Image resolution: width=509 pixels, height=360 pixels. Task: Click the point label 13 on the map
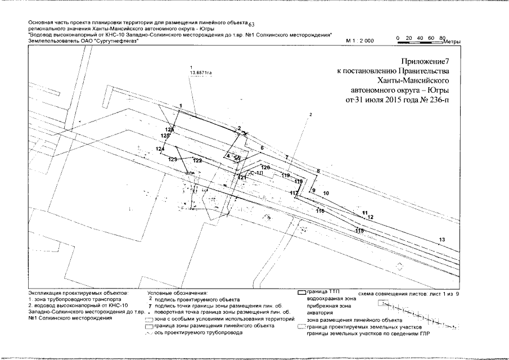click(x=442, y=240)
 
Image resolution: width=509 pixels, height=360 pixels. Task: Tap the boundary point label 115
click(x=359, y=231)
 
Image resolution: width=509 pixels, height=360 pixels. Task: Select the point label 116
click(x=321, y=211)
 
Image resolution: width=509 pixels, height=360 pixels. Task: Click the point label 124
click(x=160, y=148)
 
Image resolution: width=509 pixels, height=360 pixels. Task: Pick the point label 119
click(x=286, y=176)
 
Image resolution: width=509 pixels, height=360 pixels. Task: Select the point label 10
click(x=326, y=193)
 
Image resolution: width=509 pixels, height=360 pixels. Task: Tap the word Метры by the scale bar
click(x=452, y=42)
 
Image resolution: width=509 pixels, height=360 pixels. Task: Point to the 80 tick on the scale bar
click(x=442, y=37)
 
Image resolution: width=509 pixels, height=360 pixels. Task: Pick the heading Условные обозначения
click(x=177, y=293)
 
